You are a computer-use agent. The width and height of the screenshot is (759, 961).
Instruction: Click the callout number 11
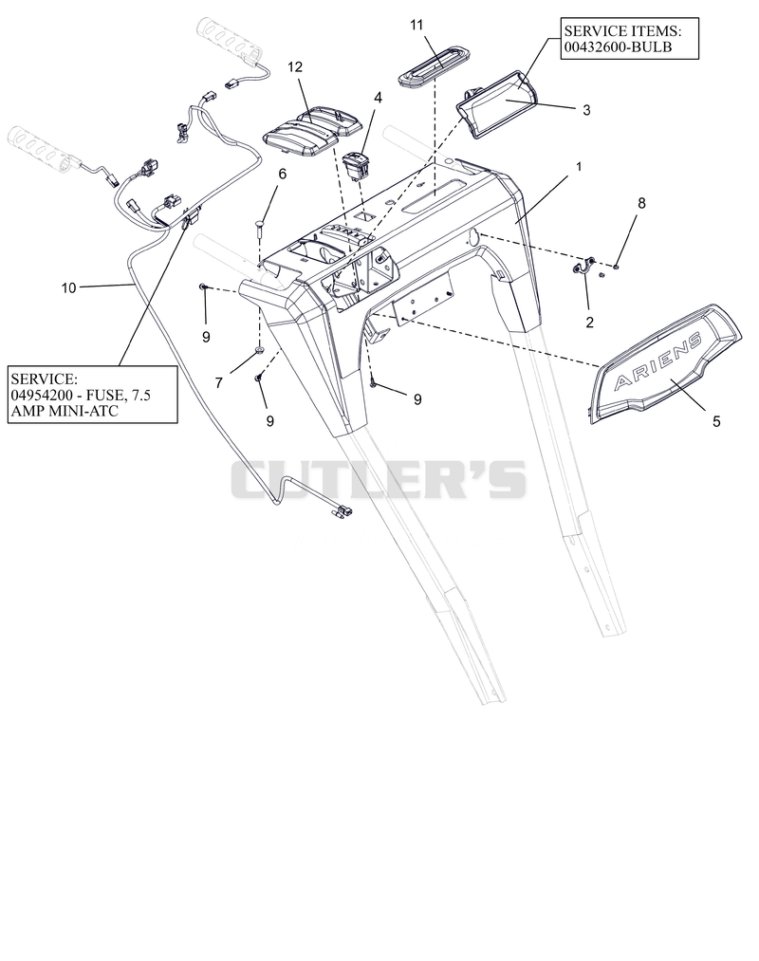(417, 25)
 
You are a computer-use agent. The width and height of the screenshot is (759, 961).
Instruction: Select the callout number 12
(295, 66)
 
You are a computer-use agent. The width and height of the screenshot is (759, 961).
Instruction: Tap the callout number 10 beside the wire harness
(68, 287)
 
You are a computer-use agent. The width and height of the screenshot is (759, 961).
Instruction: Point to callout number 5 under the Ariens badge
(716, 421)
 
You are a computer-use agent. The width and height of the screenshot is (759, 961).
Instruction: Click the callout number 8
(641, 203)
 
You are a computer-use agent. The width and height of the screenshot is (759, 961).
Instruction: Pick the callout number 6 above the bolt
(282, 174)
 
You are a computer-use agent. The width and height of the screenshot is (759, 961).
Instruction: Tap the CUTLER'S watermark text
(379, 479)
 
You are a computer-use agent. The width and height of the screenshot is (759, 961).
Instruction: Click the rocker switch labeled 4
(356, 167)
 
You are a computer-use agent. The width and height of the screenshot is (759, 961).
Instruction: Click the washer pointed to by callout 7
(260, 350)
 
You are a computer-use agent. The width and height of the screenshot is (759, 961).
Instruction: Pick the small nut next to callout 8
(616, 266)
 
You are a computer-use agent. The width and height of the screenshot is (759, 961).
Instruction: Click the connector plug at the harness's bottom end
(341, 509)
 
